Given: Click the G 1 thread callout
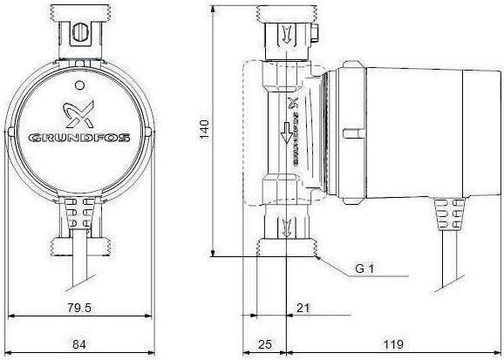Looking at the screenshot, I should pos(365,270).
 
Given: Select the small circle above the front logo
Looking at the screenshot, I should pos(79,85).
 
